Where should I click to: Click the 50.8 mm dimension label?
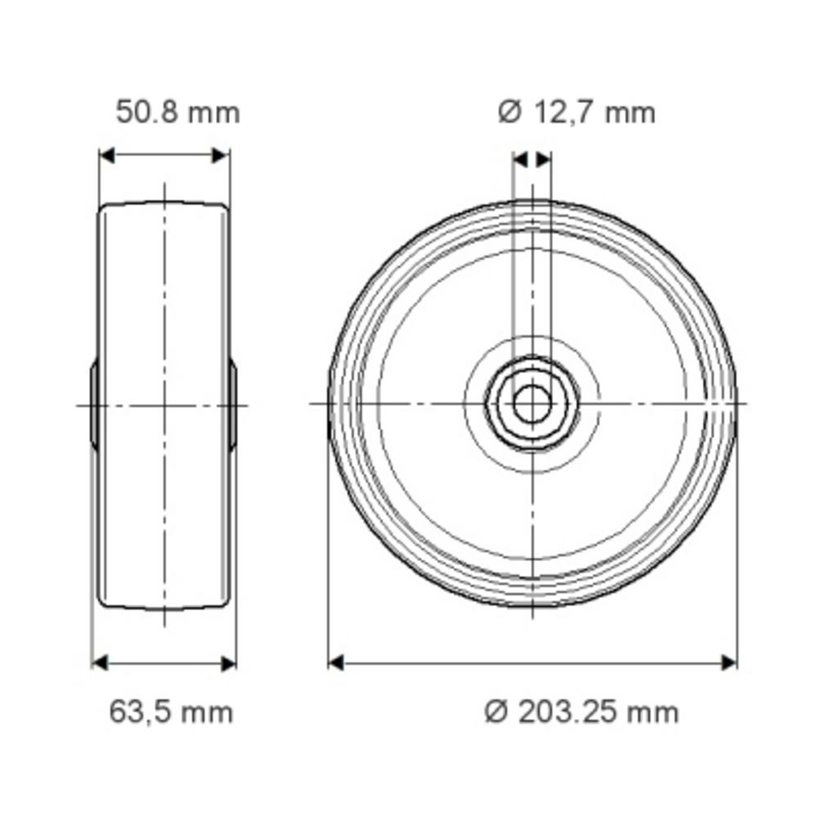click(178, 113)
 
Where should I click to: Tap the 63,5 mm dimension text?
click(171, 712)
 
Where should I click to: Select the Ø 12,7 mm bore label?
click(577, 113)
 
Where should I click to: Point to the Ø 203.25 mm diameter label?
click(582, 712)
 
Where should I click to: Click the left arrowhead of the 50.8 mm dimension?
click(106, 155)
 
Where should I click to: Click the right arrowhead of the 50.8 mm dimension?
click(221, 155)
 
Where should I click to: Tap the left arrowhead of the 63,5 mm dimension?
click(100, 663)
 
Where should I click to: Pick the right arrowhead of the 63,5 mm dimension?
click(228, 663)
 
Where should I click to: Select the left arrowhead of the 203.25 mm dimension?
click(336, 663)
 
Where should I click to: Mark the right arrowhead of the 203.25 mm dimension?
click(729, 663)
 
